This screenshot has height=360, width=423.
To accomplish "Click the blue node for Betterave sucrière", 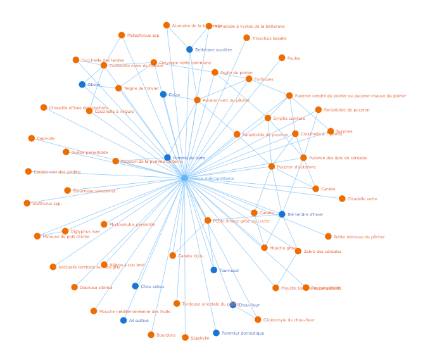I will coord(189,49).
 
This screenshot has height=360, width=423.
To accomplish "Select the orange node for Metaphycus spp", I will coord(122,35).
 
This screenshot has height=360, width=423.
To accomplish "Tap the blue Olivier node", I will coord(82,84).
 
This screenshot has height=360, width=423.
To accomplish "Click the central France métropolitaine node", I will coord(184,178).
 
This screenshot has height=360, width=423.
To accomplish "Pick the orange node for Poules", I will coord(282,58).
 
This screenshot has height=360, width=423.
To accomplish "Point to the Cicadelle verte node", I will coord(342,198).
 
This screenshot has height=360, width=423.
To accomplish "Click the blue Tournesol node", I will coord(213,270).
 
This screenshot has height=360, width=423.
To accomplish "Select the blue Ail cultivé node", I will coord(123,320).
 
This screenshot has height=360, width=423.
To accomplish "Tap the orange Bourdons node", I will coord(151,335).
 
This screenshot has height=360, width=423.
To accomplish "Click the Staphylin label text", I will coord(200,338).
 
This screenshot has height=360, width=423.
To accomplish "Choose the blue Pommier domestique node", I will coord(216,333).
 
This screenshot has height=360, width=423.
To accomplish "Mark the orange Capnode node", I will coord(32,138).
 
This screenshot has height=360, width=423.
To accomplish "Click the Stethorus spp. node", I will coord(27,203).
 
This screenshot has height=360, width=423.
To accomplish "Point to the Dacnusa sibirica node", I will coord(75,287).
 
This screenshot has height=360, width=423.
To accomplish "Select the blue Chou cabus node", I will coord(135,286).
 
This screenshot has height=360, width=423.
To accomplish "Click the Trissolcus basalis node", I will coord(246,38).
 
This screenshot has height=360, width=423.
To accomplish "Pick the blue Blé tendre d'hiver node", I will coord(282,214).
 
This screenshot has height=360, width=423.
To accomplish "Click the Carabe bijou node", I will coord(172,255).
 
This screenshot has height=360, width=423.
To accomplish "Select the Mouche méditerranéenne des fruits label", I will coord(135,311).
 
